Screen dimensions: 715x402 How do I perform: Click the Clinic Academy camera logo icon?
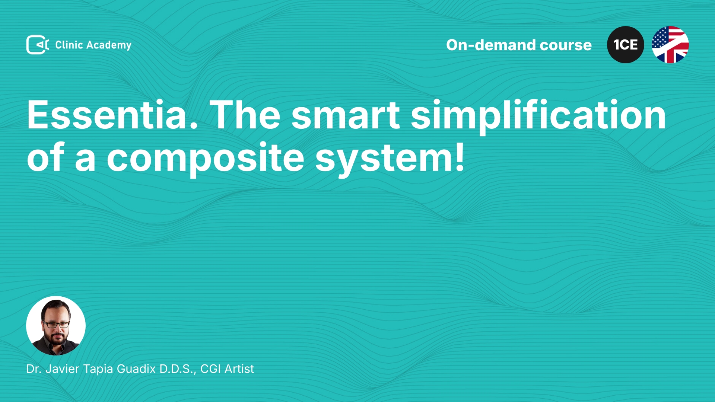pos(38,45)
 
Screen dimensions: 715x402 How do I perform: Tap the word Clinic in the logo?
pos(69,45)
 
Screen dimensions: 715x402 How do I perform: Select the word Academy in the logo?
pos(109,45)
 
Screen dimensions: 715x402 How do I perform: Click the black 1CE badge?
pos(626,45)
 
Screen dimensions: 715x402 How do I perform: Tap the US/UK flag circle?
pos(670,45)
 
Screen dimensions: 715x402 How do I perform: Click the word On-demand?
pos(491,45)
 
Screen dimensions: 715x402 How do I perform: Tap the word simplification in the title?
pos(538,116)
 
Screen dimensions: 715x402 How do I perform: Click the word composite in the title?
pos(206,158)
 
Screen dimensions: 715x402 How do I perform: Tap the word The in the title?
pos(245,115)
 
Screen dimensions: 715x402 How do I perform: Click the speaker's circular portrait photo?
pos(56,326)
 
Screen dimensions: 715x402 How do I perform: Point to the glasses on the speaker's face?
pos(56,324)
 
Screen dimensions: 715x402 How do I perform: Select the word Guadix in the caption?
pos(136,369)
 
